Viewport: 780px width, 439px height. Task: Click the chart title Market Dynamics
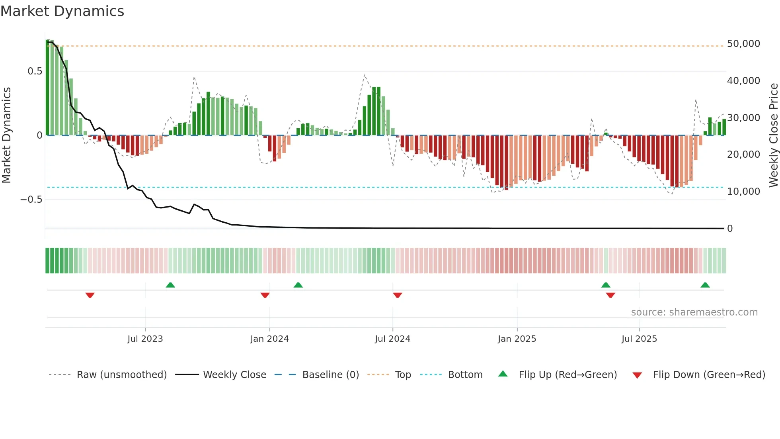pyautogui.click(x=62, y=11)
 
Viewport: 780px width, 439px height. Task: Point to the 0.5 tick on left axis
pyautogui.click(x=35, y=71)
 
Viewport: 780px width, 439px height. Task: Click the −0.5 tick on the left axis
pyautogui.click(x=31, y=199)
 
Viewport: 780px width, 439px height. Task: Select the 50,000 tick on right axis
pyautogui.click(x=743, y=44)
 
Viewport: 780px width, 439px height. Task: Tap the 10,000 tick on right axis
pyautogui.click(x=743, y=192)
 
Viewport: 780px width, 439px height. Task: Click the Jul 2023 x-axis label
pyautogui.click(x=145, y=339)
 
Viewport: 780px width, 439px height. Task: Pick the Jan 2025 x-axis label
pyautogui.click(x=517, y=339)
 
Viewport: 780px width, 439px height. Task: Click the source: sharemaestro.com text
pyautogui.click(x=694, y=312)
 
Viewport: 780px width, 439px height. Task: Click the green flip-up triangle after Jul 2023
pyautogui.click(x=170, y=285)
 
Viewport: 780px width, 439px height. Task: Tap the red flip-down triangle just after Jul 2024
pyautogui.click(x=398, y=295)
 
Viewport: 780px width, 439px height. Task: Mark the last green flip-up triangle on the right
pyautogui.click(x=705, y=285)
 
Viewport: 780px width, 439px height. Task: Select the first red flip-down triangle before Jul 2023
pyautogui.click(x=90, y=295)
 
